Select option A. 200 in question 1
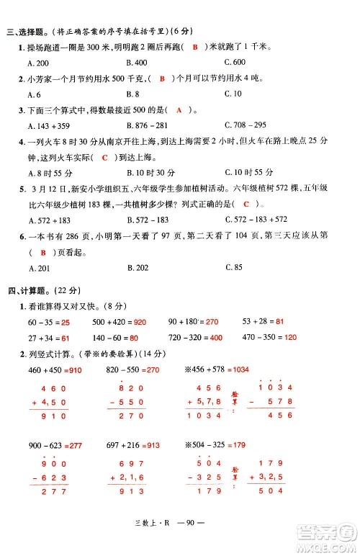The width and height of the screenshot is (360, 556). pyautogui.click(x=33, y=63)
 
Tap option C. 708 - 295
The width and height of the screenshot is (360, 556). pyautogui.click(x=244, y=125)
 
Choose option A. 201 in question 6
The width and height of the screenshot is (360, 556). pyautogui.click(x=33, y=268)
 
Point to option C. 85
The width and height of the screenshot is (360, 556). pyautogui.click(x=233, y=268)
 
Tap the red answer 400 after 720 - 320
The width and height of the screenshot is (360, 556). pyautogui.click(x=216, y=337)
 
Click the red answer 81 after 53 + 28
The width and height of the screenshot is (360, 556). pyautogui.click(x=281, y=319)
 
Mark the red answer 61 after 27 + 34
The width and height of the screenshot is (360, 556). pyautogui.click(x=66, y=337)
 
